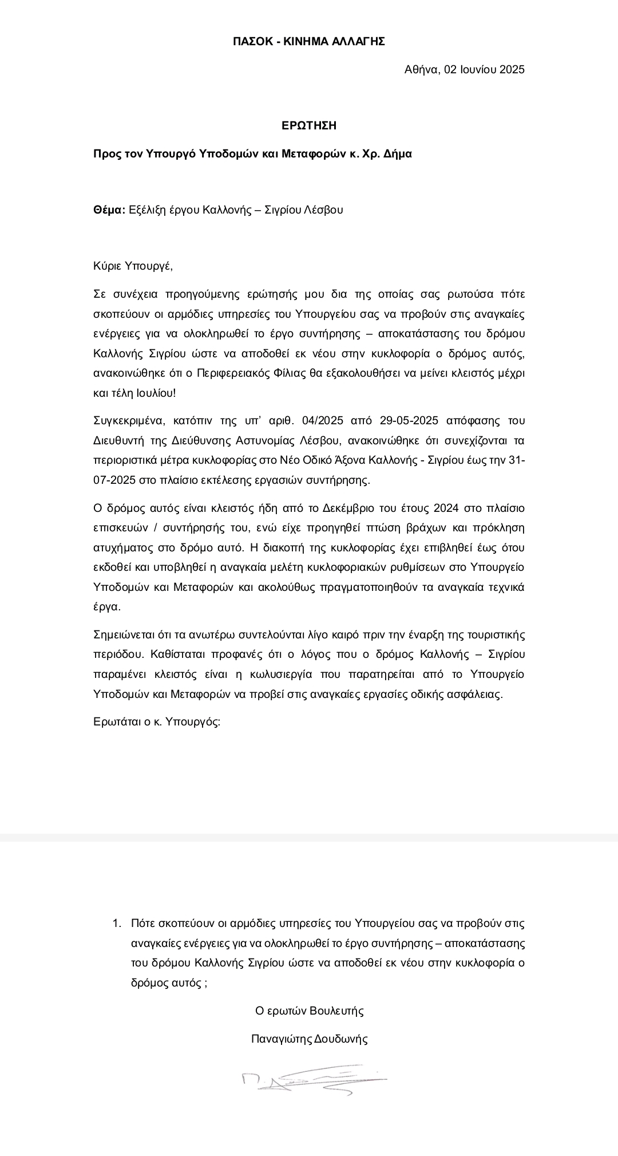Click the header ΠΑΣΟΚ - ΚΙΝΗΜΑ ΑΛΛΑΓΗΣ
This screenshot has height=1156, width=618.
[308, 41]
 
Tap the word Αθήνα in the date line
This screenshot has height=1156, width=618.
[422, 70]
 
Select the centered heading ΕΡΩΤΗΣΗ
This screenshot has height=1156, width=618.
[308, 125]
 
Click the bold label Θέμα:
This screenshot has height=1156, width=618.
[109, 210]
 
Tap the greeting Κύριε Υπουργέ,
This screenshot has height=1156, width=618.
[133, 266]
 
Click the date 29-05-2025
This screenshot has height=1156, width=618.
[409, 421]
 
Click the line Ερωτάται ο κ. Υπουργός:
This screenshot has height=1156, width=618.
[156, 721]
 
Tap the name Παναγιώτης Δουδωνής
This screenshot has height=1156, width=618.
[309, 1039]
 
